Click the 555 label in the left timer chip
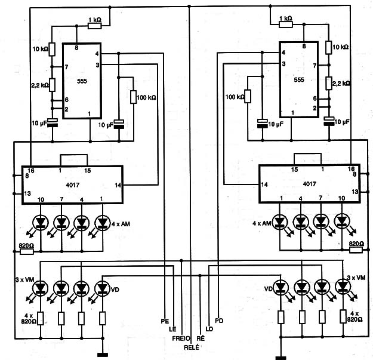pyautogui.click(x=82, y=81)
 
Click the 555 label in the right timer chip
pyautogui.click(x=299, y=80)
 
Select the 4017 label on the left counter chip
pyautogui.click(x=73, y=185)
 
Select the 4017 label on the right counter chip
pyautogui.click(x=310, y=184)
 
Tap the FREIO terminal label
pyautogui.click(x=181, y=339)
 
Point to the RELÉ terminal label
pyautogui.click(x=192, y=347)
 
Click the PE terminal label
pyautogui.click(x=165, y=321)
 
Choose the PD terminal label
pyautogui.click(x=219, y=321)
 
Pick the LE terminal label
pyautogui.click(x=172, y=330)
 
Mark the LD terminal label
pyautogui.click(x=209, y=329)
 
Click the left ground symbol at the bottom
pyautogui.click(x=103, y=355)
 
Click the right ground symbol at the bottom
pyautogui.click(x=281, y=358)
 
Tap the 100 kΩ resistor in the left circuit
pyautogui.click(x=134, y=97)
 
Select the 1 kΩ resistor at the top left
pyautogui.click(x=95, y=26)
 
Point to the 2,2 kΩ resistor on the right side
pyautogui.click(x=329, y=83)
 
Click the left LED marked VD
pyautogui.click(x=103, y=288)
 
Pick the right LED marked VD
pyautogui.click(x=280, y=288)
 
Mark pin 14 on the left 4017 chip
pyautogui.click(x=118, y=185)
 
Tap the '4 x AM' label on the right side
pyautogui.click(x=261, y=223)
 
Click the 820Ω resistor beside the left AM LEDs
pyautogui.click(x=26, y=252)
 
